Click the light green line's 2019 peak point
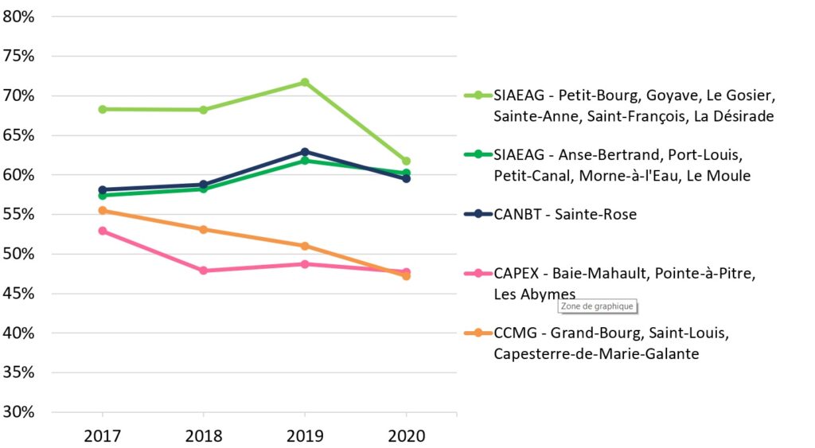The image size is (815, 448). pyautogui.click(x=305, y=82)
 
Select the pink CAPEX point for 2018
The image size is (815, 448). pyautogui.click(x=204, y=271)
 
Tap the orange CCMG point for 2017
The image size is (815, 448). pyautogui.click(x=103, y=210)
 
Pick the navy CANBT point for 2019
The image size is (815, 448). pyautogui.click(x=305, y=151)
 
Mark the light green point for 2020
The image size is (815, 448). pyautogui.click(x=406, y=161)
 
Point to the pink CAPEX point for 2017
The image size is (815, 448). pyautogui.click(x=103, y=231)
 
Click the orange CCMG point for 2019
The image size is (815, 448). pyautogui.click(x=305, y=246)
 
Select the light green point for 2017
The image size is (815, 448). pyautogui.click(x=103, y=109)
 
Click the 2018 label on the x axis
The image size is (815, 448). pyautogui.click(x=204, y=436)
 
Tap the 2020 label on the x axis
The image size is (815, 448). pyautogui.click(x=406, y=436)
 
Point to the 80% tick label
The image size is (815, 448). pyautogui.click(x=18, y=16)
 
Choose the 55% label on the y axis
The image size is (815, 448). pyautogui.click(x=18, y=214)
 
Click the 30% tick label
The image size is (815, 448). pyautogui.click(x=18, y=412)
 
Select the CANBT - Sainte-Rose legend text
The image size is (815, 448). pyautogui.click(x=565, y=214)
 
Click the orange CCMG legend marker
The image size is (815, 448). pyautogui.click(x=478, y=333)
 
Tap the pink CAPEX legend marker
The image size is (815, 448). pyautogui.click(x=478, y=273)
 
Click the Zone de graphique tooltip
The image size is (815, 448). pyautogui.click(x=597, y=306)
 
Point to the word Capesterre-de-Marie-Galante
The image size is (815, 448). pyautogui.click(x=596, y=353)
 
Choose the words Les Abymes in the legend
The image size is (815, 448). pyautogui.click(x=534, y=294)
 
